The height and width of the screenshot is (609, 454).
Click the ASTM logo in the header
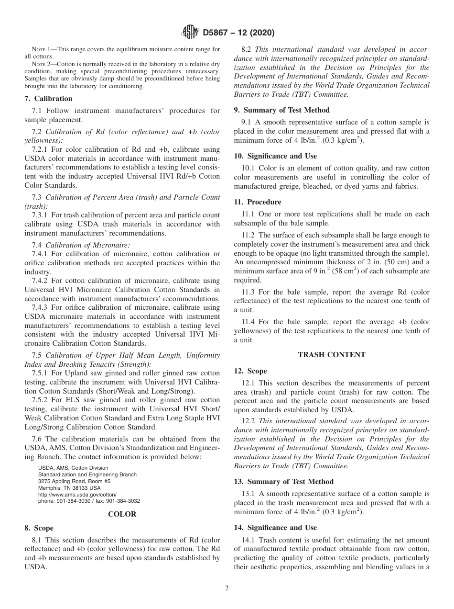point(190,33)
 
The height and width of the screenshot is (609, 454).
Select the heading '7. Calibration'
point(48,99)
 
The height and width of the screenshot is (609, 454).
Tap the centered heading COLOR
point(122,514)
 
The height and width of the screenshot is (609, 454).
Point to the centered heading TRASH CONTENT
point(332,355)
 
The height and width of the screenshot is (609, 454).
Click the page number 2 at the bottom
point(227,588)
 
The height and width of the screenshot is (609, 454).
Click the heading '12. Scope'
point(250,371)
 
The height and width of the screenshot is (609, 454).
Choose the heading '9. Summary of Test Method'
point(281,110)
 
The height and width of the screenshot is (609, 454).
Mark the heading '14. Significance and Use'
point(275,528)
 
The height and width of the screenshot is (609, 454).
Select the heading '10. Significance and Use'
point(275,156)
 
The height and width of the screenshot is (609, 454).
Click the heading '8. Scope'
point(39,529)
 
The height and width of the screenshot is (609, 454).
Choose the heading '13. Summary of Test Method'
point(283,482)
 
